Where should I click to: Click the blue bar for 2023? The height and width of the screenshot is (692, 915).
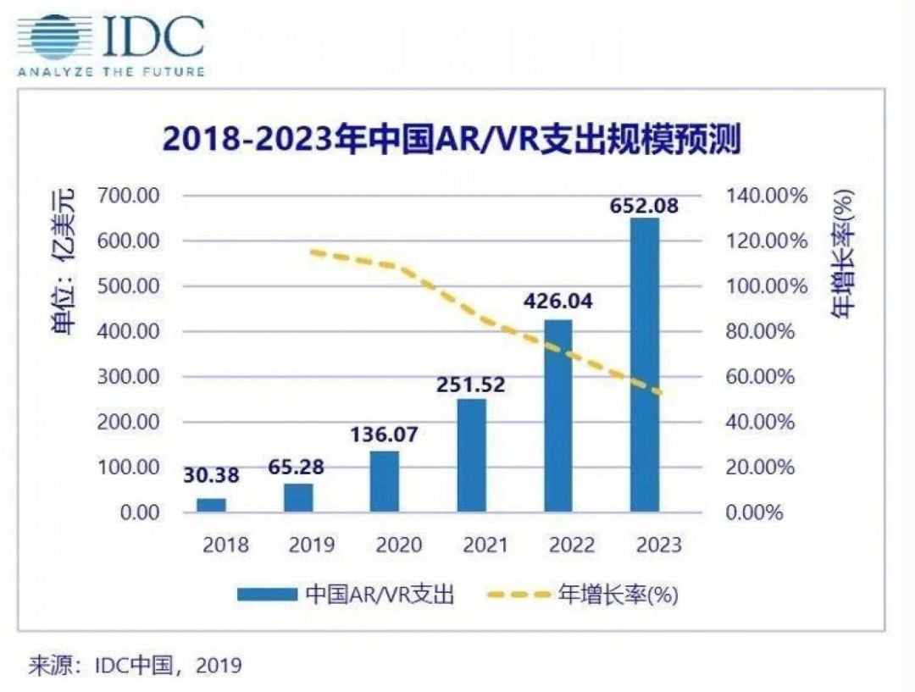click(645, 365)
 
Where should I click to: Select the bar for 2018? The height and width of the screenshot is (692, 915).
click(211, 505)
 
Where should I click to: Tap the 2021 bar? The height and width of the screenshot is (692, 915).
click(472, 455)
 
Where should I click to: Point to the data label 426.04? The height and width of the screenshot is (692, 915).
click(558, 301)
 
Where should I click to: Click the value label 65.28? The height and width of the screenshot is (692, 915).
click(297, 466)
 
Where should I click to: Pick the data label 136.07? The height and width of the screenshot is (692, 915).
click(385, 434)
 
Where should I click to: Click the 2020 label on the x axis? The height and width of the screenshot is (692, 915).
click(399, 545)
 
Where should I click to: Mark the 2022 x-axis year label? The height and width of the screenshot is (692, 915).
click(572, 545)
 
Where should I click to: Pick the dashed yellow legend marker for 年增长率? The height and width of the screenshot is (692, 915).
click(517, 595)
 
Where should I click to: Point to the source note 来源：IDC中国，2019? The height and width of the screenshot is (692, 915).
click(136, 665)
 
